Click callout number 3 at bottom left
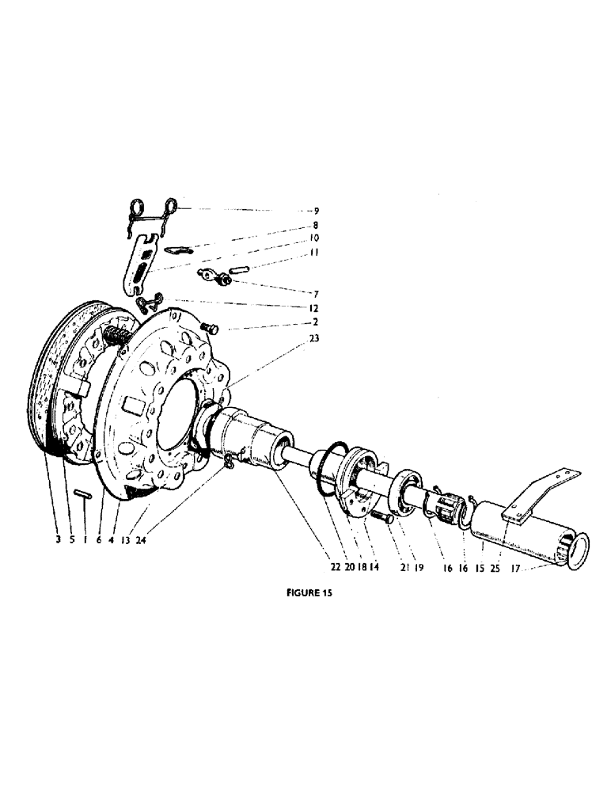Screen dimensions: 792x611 (58, 541)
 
